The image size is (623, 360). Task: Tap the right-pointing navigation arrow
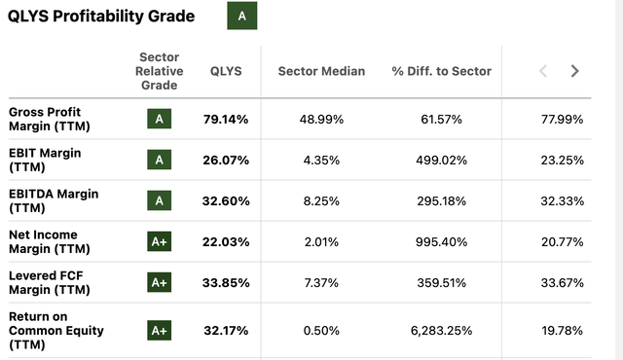(574, 71)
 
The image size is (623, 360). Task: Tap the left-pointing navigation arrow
(543, 71)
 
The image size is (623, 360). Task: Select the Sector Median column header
(321, 71)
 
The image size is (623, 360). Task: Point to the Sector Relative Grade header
(160, 71)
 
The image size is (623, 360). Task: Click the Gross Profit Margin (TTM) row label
(58, 120)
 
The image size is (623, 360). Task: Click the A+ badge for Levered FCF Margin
(160, 282)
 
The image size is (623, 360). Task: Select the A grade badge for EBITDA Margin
(160, 200)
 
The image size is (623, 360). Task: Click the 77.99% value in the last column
(563, 120)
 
